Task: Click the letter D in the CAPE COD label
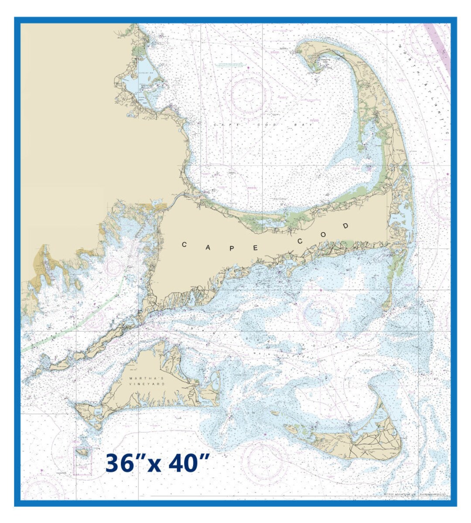(x=346, y=226)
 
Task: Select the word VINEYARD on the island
(x=147, y=384)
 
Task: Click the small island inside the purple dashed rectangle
(x=82, y=452)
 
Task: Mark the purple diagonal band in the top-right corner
(x=438, y=48)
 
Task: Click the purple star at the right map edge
(x=448, y=174)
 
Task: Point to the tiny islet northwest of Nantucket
(x=275, y=413)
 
